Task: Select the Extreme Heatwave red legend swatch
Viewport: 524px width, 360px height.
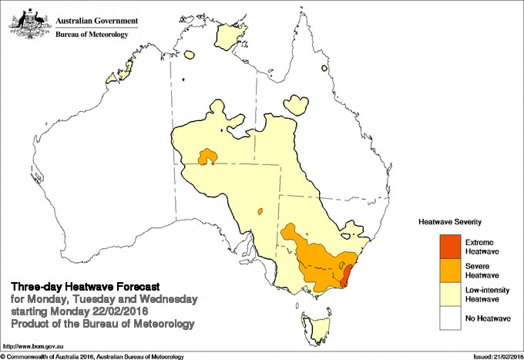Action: click(x=442, y=246)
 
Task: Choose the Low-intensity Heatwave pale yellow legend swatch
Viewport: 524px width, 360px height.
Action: click(x=442, y=294)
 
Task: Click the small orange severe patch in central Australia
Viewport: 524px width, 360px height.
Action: click(x=207, y=157)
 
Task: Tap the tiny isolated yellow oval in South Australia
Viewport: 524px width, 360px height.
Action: click(x=261, y=210)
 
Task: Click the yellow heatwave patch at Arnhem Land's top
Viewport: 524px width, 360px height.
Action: click(x=229, y=35)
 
